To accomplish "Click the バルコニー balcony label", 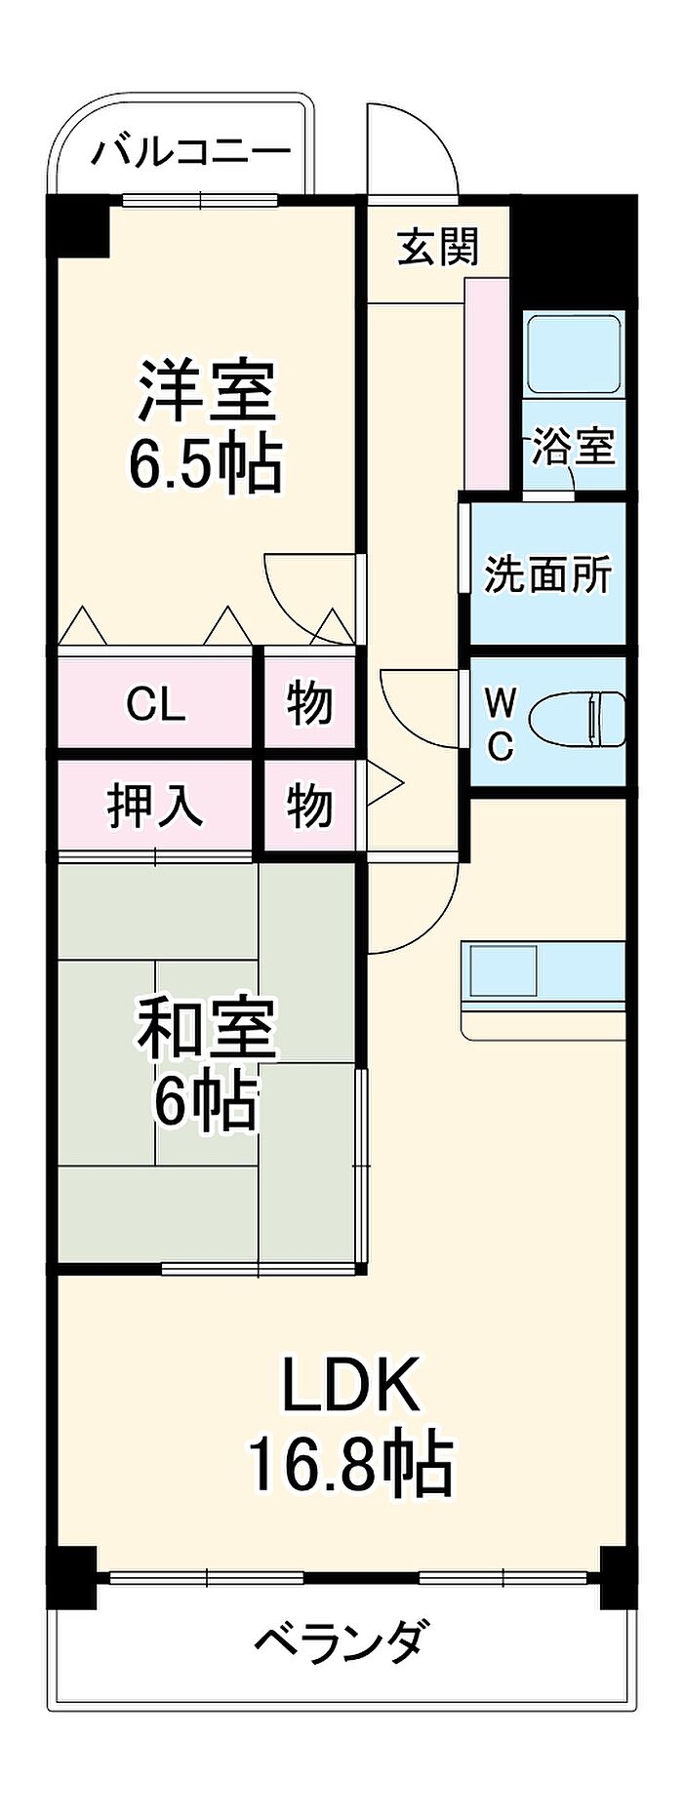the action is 192,152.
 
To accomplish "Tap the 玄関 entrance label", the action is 438,247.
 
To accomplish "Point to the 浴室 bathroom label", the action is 573,448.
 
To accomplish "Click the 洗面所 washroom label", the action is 547,574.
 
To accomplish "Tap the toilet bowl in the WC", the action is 577,720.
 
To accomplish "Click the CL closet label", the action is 155,703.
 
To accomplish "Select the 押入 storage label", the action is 155,806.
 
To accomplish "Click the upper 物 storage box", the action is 309,701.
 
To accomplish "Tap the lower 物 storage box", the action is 309,806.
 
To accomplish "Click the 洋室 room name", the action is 207,390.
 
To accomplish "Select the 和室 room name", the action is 207,1028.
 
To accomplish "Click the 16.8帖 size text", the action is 350,1464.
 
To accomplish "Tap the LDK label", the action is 350,1384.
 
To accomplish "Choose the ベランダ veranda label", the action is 339,1640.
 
